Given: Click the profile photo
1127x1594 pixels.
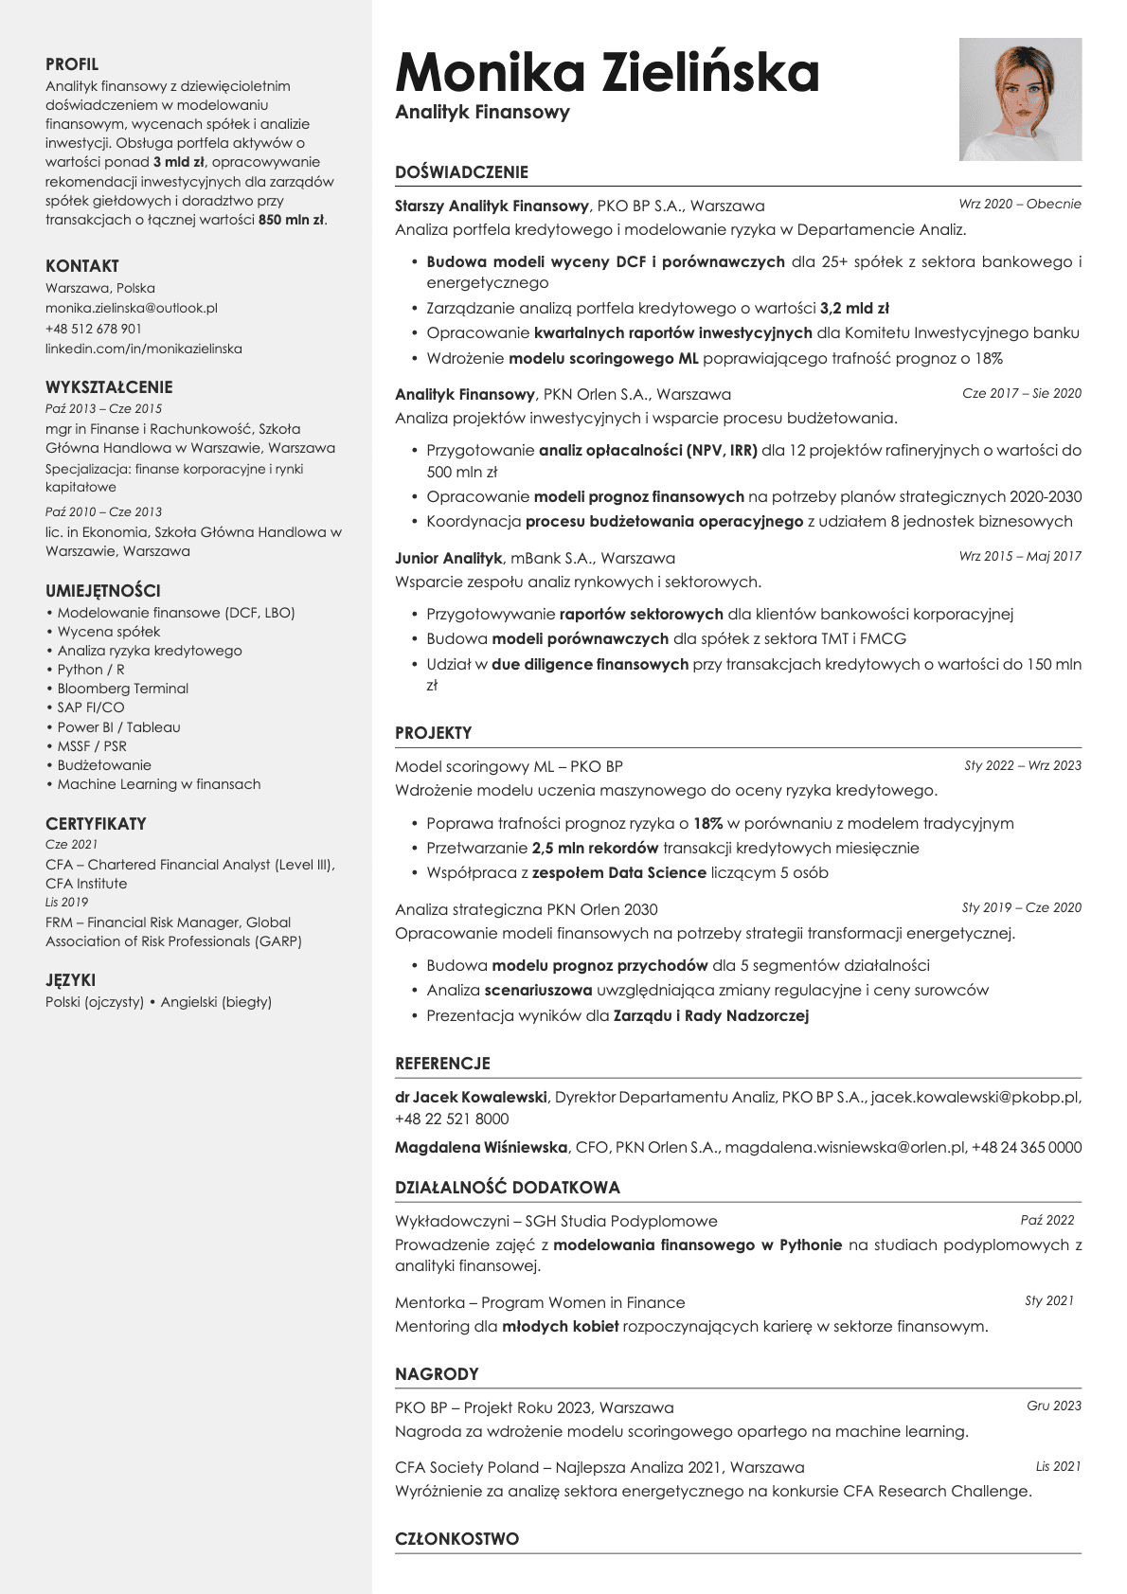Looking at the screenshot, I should [x=1020, y=99].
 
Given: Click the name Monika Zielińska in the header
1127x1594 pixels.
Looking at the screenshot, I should [x=607, y=73].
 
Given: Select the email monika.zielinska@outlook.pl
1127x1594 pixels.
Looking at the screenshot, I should [x=132, y=308].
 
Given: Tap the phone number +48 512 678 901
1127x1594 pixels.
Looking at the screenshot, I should [x=94, y=329].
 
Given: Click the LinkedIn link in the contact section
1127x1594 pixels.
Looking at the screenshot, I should [x=144, y=349].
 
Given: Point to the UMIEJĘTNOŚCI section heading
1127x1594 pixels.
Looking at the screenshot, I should [x=103, y=590].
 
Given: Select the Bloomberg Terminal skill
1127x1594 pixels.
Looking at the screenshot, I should [x=123, y=689].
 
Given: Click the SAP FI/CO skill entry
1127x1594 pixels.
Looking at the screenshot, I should [x=91, y=707].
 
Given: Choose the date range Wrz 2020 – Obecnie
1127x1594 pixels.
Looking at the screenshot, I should [x=1019, y=204].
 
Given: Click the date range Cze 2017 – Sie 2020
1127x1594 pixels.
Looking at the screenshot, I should [x=1021, y=393].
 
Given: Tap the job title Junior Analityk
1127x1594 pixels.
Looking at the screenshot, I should [x=449, y=558].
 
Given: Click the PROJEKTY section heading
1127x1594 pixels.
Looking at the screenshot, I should [x=433, y=733].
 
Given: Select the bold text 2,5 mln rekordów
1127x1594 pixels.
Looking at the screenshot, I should [x=595, y=848].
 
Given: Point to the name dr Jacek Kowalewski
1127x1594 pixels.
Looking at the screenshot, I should [x=471, y=1097].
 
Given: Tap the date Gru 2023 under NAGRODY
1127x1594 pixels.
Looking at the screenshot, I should [x=1053, y=1406].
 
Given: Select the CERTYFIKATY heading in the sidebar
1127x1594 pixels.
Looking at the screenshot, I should [x=96, y=823].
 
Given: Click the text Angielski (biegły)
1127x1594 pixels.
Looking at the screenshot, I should [x=216, y=1002].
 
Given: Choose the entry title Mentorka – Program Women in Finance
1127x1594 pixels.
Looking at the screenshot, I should [x=540, y=1302].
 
